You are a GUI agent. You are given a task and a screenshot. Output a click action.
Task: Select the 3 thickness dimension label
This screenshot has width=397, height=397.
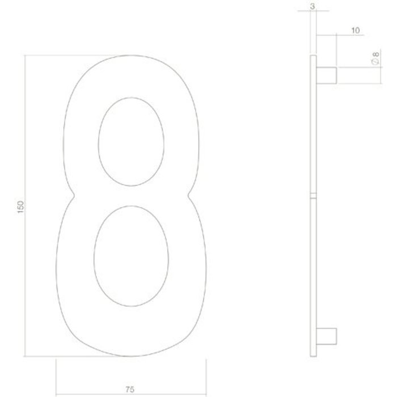tap(312, 7)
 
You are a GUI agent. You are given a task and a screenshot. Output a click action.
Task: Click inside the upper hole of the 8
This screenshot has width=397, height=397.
tap(132, 141)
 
